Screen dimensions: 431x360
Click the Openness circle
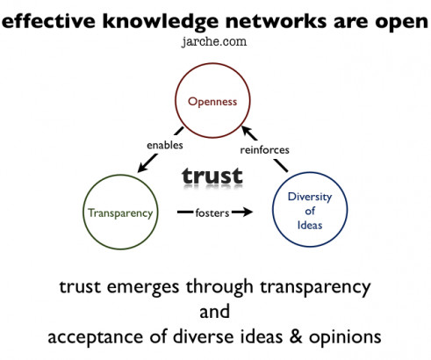click(212, 63)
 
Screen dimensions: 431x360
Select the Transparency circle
click(121, 175)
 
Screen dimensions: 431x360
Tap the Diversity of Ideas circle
click(310, 173)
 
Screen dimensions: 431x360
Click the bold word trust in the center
click(212, 176)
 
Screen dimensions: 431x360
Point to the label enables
click(165, 145)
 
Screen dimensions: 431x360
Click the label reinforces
click(264, 150)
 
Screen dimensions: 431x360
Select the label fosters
click(212, 212)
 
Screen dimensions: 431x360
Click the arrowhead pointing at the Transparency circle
click(142, 168)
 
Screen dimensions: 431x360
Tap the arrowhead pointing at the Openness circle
click(248, 132)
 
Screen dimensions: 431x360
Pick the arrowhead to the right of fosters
click(248, 212)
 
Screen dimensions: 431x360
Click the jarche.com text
click(214, 41)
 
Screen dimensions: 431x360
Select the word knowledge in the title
click(161, 22)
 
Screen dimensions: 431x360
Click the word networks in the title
click(276, 21)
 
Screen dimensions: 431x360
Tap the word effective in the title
click(48, 21)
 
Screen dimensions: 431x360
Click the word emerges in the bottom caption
click(143, 287)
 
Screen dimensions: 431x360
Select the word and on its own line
click(214, 312)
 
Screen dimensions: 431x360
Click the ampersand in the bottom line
click(296, 336)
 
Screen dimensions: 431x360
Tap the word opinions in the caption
click(345, 337)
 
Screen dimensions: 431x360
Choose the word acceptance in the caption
click(96, 337)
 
